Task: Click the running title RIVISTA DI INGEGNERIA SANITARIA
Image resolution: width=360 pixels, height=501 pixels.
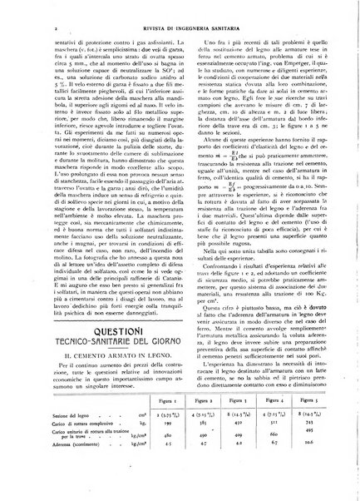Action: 180,14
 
